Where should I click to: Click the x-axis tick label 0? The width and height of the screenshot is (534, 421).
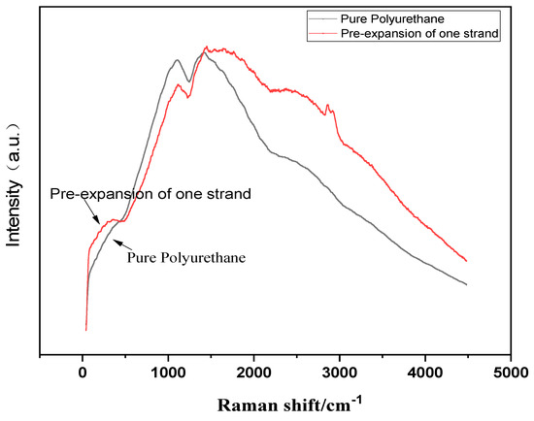(x=83, y=371)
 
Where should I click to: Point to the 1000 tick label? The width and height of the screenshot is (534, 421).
(x=168, y=371)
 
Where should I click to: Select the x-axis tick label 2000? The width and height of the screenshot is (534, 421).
(x=253, y=371)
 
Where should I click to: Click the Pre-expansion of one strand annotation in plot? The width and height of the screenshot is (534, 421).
(x=150, y=194)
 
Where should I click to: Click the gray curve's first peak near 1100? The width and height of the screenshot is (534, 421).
(x=176, y=60)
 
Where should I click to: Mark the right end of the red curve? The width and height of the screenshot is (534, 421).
(x=467, y=261)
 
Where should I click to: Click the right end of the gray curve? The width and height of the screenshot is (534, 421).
(x=467, y=284)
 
